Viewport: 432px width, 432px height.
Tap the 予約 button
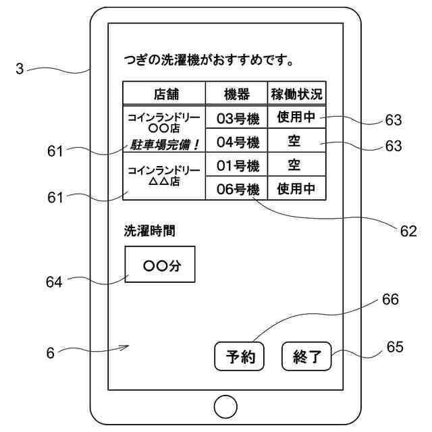click(239, 356)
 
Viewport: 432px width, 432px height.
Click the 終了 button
click(307, 356)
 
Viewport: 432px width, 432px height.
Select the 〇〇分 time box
click(161, 265)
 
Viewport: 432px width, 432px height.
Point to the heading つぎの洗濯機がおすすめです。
click(209, 61)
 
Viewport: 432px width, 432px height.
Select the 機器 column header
click(237, 92)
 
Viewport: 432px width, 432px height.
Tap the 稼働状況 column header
click(296, 92)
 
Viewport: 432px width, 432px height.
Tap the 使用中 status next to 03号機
click(296, 118)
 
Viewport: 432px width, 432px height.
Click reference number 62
click(408, 231)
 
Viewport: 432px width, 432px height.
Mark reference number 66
click(390, 299)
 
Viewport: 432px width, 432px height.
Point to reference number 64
click(53, 282)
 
